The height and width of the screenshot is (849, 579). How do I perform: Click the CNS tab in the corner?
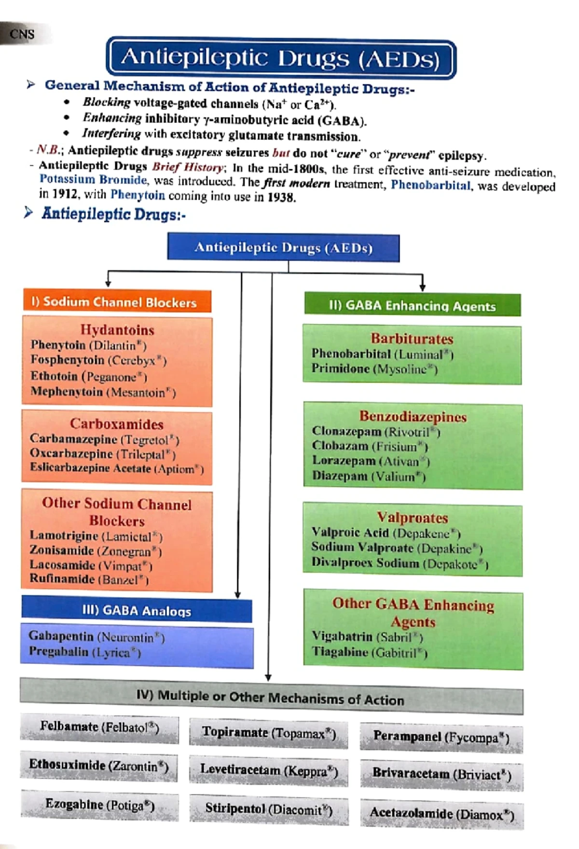tap(22, 34)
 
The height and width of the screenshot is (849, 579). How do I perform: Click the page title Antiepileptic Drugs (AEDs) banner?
tap(281, 59)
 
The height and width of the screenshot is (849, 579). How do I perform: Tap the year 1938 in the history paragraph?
tap(281, 197)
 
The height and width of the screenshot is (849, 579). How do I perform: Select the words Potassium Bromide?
tap(93, 180)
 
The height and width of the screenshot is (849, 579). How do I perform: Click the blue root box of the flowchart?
tap(283, 248)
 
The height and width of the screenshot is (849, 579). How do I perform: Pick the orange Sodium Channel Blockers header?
tap(117, 302)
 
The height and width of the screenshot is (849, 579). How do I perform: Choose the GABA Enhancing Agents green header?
tap(412, 306)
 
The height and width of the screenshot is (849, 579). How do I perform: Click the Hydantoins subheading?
tap(117, 330)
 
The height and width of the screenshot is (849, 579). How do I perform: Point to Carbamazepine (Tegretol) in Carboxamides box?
tap(104, 439)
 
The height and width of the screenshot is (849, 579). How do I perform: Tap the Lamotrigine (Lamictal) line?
tap(96, 536)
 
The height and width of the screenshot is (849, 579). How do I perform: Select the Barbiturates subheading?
tap(412, 339)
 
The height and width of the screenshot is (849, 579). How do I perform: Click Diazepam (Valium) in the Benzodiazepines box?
tap(369, 476)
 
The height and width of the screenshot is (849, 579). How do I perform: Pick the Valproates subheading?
tap(412, 518)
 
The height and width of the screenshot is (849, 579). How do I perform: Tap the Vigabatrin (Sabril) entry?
tap(367, 637)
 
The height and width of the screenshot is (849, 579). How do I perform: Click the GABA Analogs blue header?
tap(137, 611)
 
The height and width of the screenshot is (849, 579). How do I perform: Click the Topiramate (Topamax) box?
tap(269, 733)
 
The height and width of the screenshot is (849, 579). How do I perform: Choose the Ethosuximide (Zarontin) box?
tap(98, 766)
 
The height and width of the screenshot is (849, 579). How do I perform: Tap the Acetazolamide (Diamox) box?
tap(441, 814)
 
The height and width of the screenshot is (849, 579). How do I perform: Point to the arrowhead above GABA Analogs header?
tap(237, 595)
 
